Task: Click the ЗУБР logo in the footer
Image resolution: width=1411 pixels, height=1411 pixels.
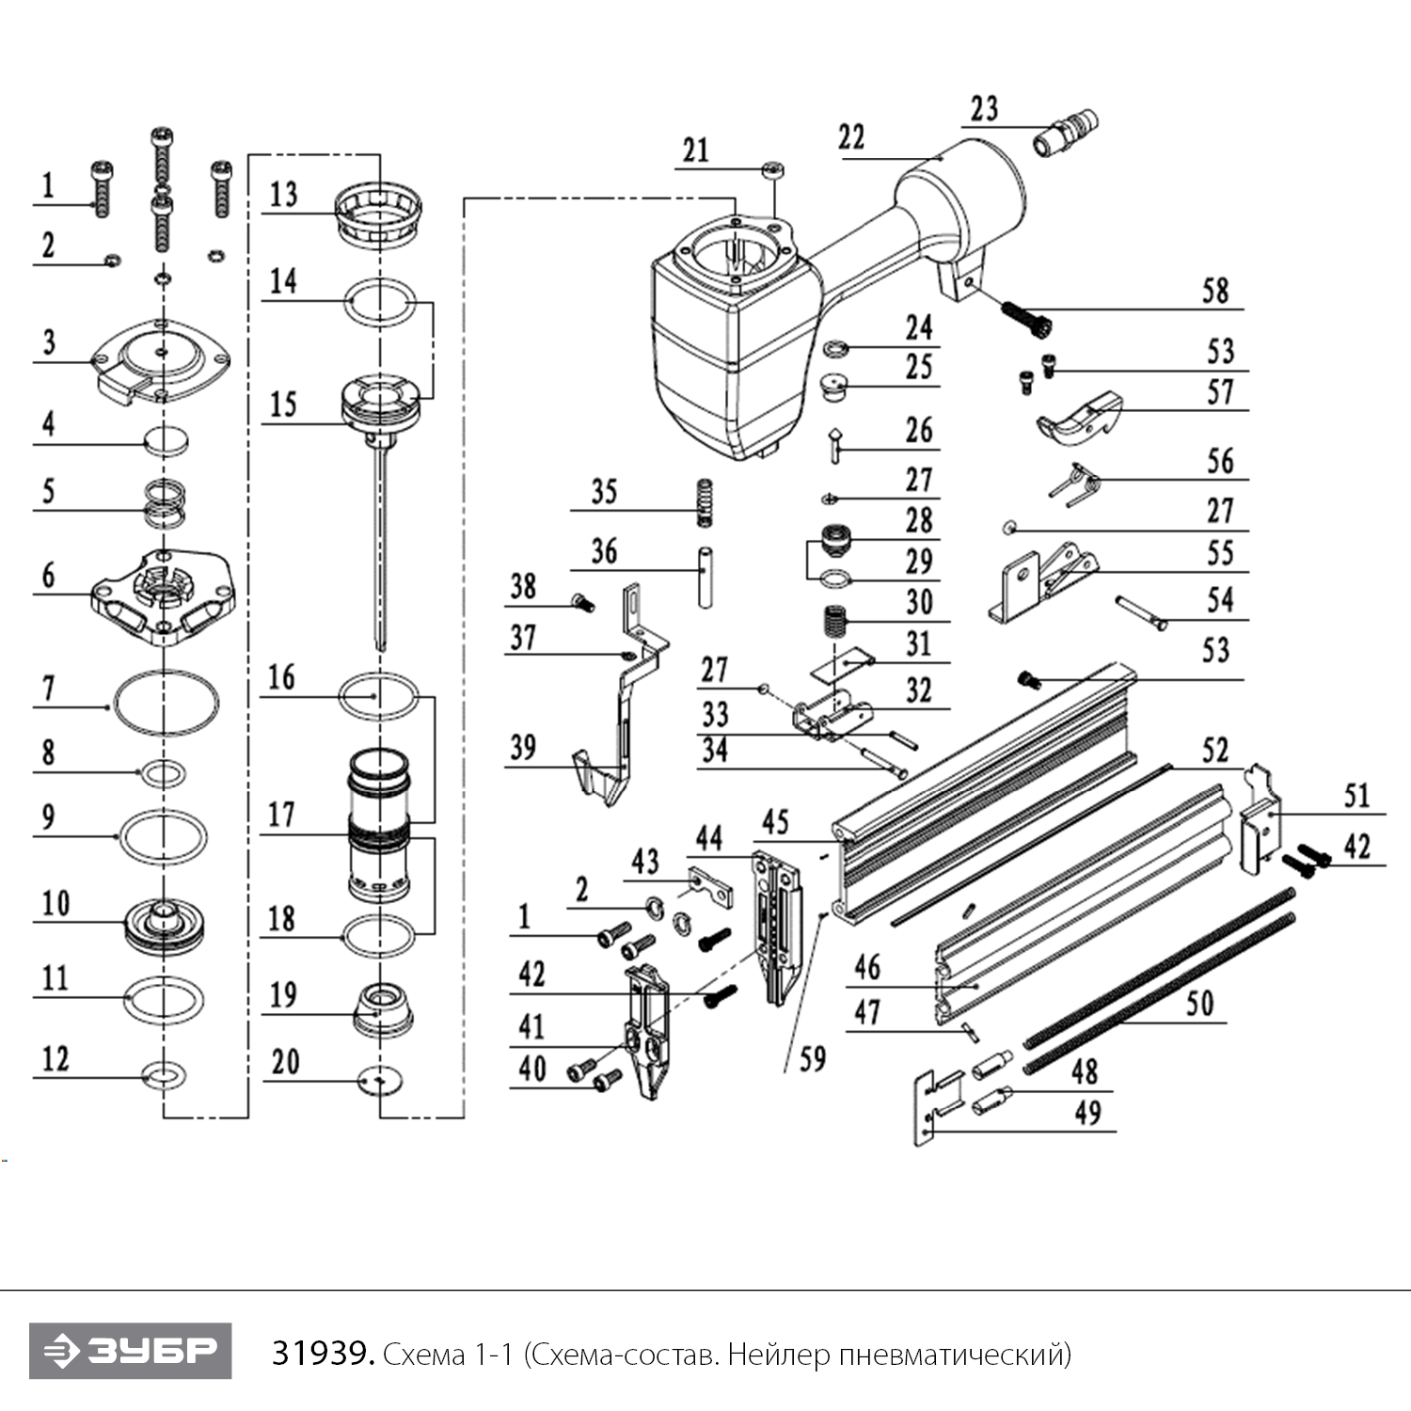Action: [130, 1352]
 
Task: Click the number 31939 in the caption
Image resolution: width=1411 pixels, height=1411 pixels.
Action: [323, 1354]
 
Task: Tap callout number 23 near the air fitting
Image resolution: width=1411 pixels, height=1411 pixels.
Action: [984, 109]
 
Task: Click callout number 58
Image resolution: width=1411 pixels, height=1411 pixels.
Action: [1214, 291]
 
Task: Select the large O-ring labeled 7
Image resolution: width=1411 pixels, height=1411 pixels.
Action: [166, 702]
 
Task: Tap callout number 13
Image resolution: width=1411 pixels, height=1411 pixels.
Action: [283, 195]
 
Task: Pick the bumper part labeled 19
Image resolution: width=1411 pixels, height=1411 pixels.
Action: [382, 1007]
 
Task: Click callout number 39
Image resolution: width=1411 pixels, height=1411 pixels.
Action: [523, 748]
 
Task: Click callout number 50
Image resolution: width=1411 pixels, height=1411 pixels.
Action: [1199, 1004]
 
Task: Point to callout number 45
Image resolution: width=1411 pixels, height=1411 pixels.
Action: [775, 822]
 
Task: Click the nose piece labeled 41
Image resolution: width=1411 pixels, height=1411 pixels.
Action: [648, 1035]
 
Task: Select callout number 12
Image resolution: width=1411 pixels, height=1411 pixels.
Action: [55, 1059]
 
